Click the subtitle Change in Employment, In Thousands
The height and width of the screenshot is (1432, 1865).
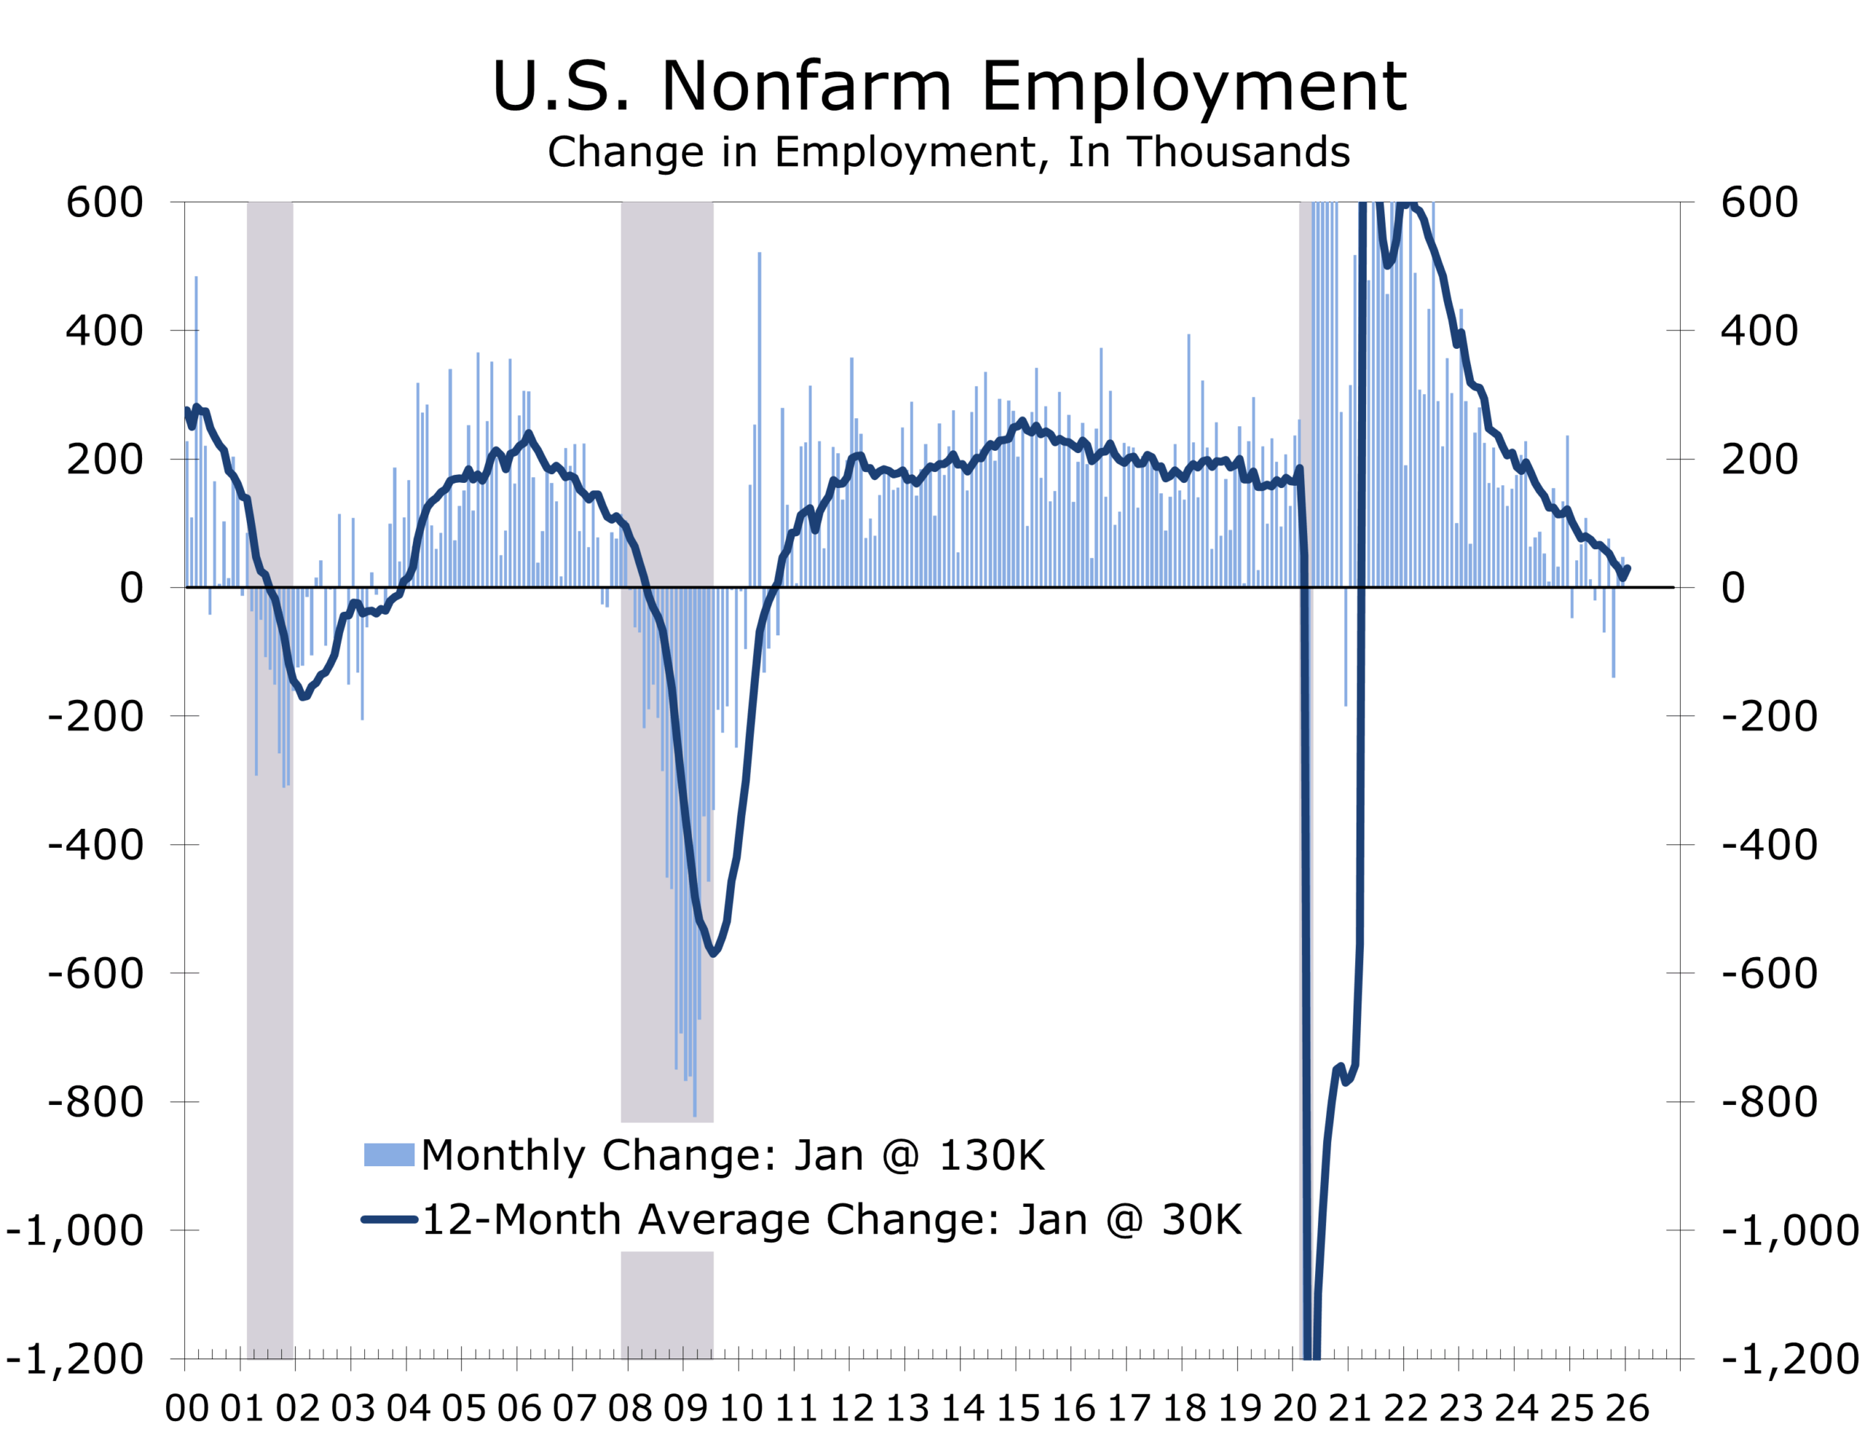[948, 152]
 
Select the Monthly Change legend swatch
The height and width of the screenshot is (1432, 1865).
[389, 1154]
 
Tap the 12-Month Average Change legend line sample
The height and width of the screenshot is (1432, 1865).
[389, 1219]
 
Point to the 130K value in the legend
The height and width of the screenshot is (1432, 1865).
[992, 1156]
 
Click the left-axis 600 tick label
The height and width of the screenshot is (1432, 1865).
[105, 203]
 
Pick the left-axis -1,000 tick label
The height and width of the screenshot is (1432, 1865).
[75, 1231]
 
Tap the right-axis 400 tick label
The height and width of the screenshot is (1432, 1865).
[1759, 331]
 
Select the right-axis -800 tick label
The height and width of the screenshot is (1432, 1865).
[1769, 1102]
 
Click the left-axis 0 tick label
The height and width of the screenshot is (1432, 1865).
[131, 588]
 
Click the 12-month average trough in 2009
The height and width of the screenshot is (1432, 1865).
[713, 953]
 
